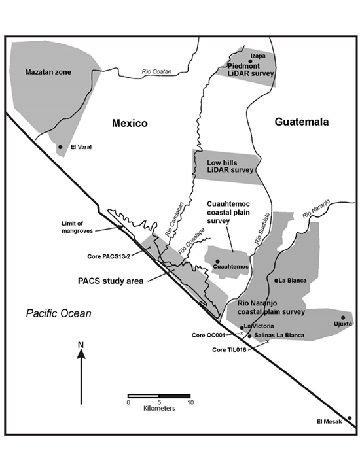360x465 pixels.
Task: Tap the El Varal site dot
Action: (x=61, y=147)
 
